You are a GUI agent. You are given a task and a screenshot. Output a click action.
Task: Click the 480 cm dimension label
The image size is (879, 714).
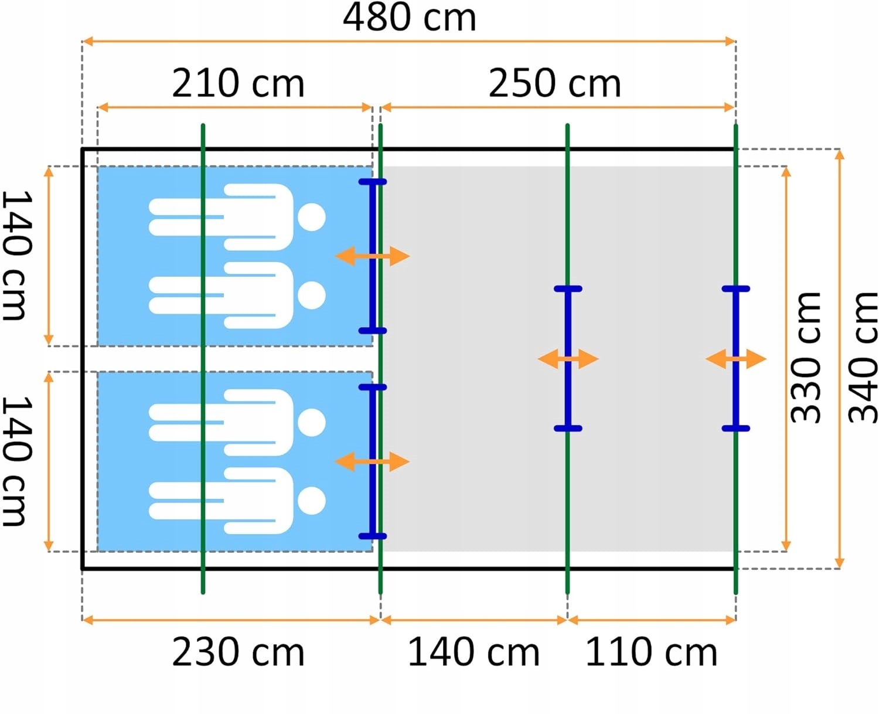[x=409, y=18]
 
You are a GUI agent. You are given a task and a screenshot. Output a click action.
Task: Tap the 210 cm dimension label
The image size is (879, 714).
[x=238, y=83]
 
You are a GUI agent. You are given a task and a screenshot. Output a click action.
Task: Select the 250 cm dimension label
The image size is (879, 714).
[x=554, y=83]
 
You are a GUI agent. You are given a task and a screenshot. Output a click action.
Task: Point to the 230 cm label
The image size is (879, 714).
[x=238, y=652]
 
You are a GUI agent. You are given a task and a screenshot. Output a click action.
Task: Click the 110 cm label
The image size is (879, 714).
[x=651, y=652]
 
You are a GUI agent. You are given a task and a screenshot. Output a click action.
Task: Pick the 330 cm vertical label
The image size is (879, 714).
[x=806, y=358]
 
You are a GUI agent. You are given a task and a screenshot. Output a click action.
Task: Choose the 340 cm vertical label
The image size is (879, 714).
[x=864, y=358]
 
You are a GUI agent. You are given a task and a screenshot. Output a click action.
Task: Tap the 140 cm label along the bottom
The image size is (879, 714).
[x=473, y=652]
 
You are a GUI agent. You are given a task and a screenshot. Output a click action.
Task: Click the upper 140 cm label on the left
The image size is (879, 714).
[x=16, y=256]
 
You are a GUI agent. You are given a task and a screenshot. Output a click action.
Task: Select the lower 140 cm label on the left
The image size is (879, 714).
[x=16, y=461]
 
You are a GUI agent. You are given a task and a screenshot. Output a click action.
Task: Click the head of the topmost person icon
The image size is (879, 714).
[x=311, y=217]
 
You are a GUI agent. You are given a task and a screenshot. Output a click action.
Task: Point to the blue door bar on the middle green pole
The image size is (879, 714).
[x=568, y=317]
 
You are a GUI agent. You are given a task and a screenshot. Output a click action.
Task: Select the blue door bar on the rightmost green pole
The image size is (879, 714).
[x=735, y=317]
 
